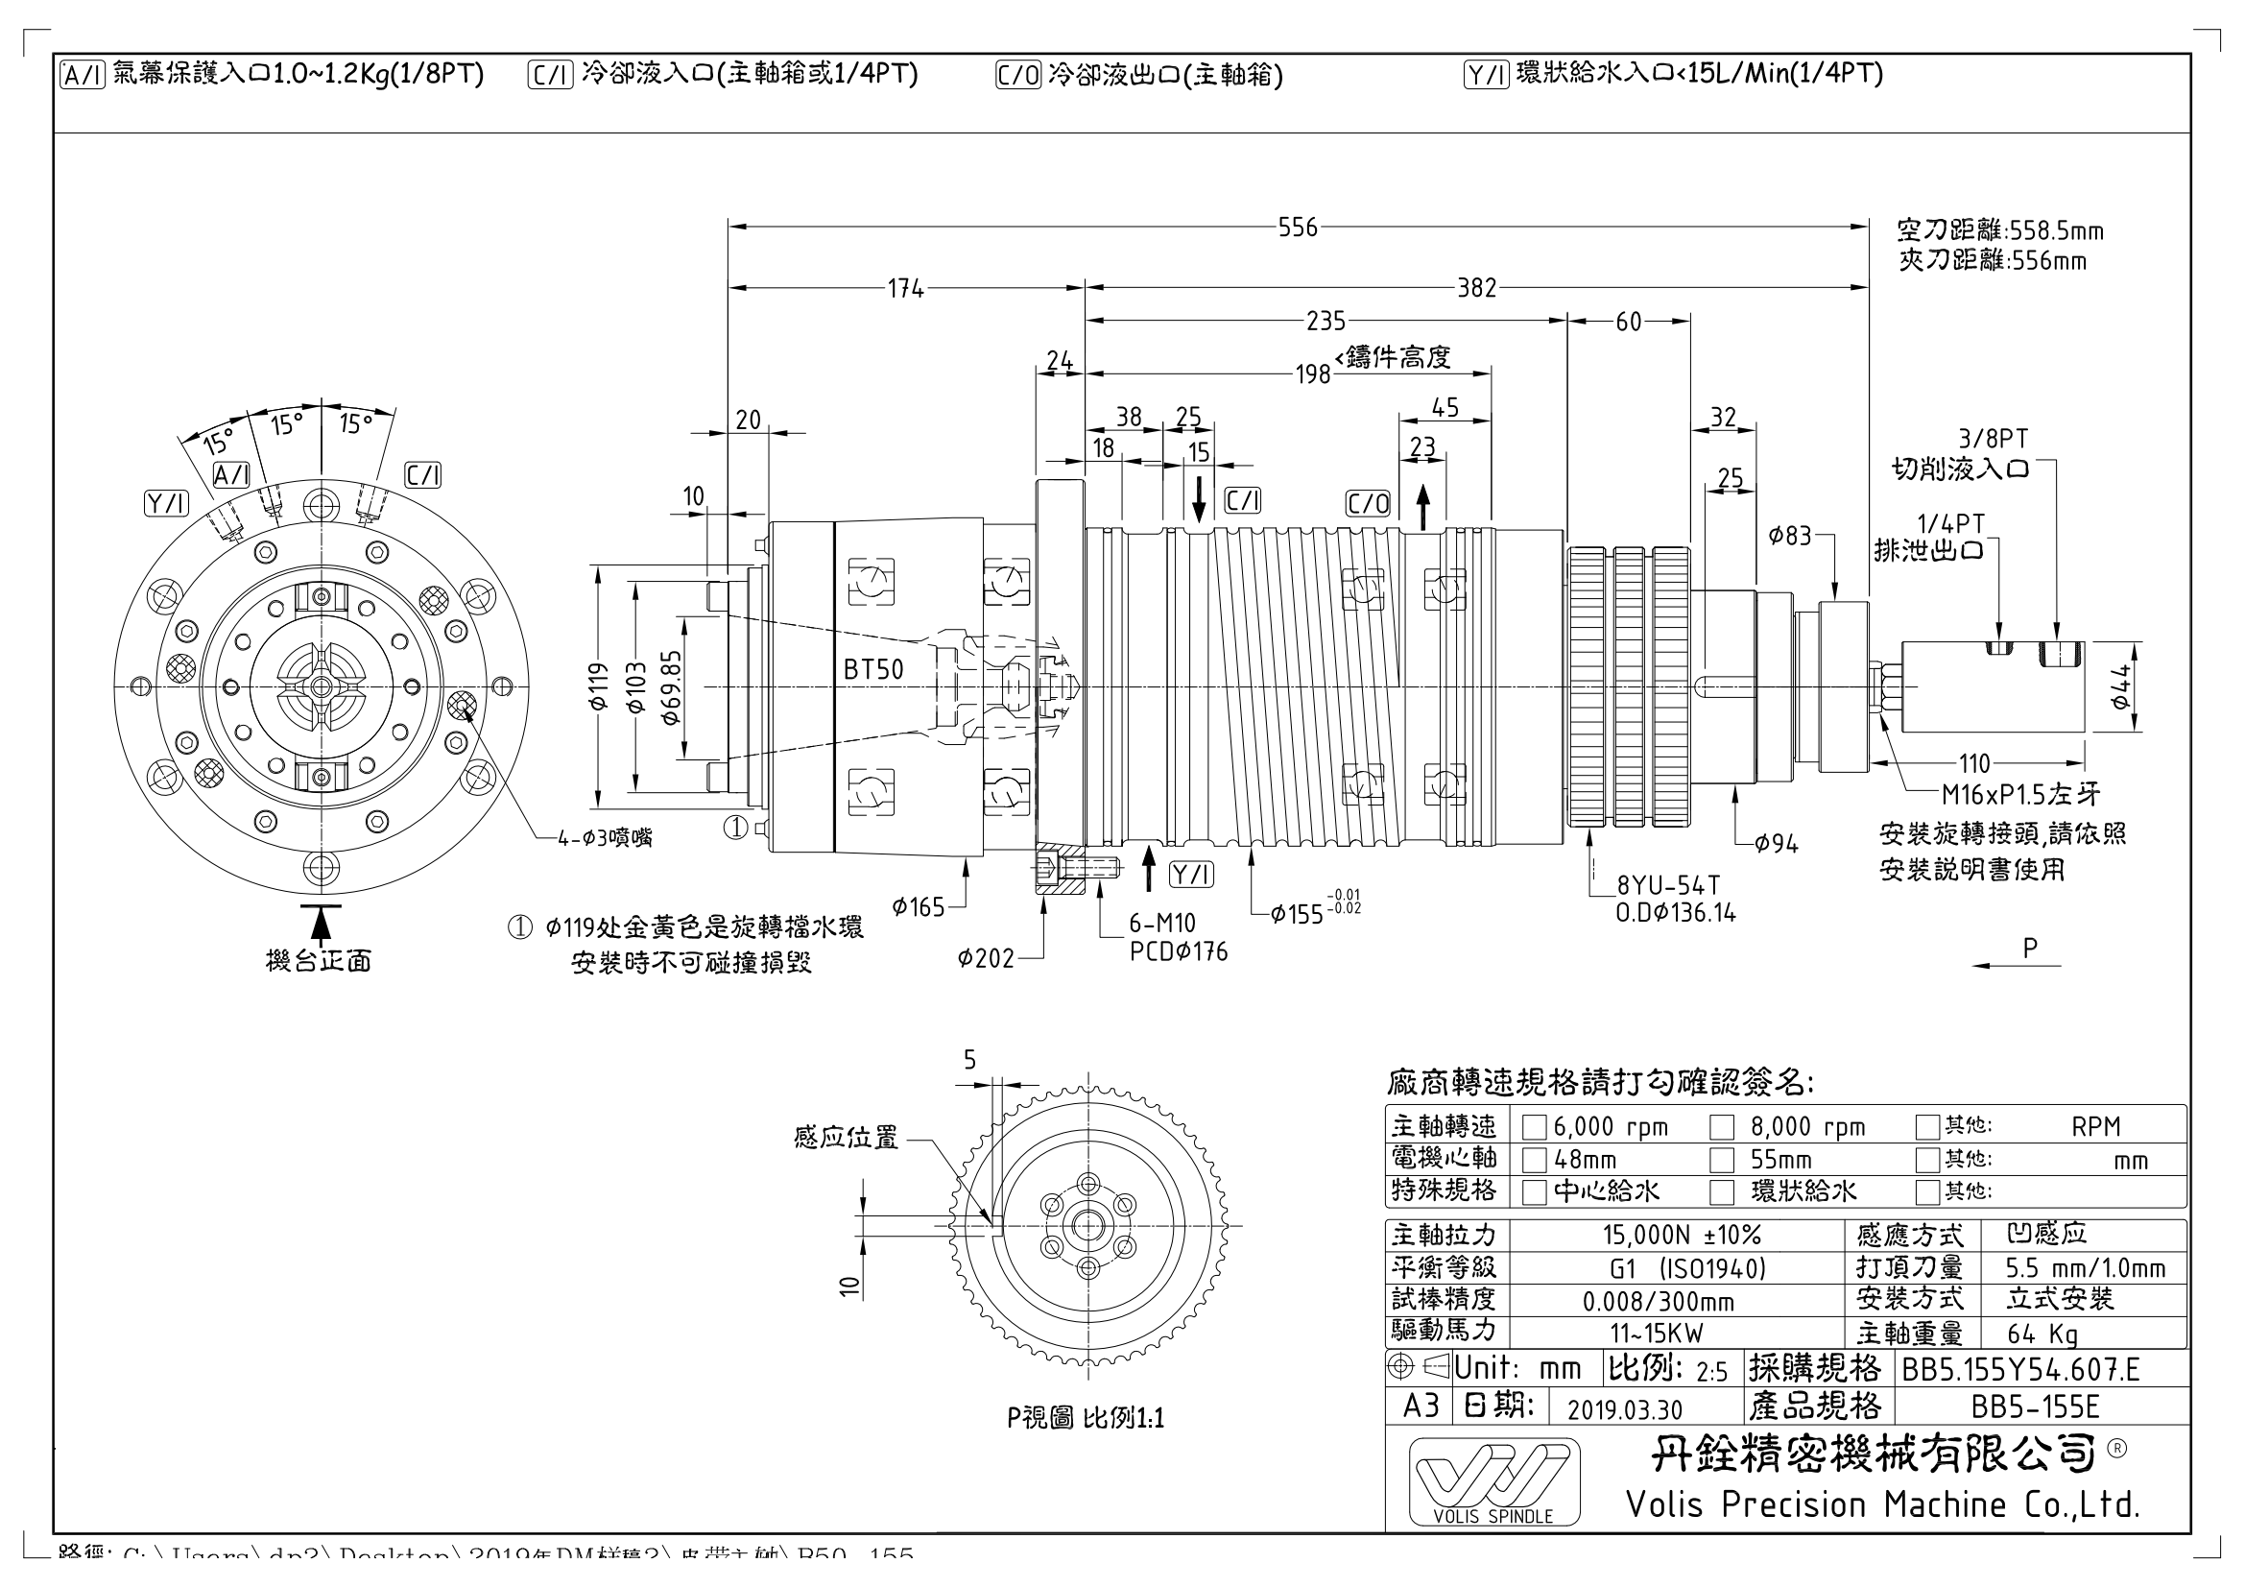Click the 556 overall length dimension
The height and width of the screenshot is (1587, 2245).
click(1298, 228)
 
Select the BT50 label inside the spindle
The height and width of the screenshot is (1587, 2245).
click(873, 670)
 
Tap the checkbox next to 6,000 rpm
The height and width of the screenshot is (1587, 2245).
click(1534, 1127)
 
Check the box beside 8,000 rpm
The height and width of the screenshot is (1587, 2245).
click(1721, 1127)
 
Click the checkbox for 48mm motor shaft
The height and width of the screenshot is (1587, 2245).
click(1534, 1161)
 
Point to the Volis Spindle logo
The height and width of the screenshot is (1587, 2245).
click(1493, 1481)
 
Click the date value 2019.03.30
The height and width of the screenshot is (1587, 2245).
click(1624, 1409)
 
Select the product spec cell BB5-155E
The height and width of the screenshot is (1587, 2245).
click(2035, 1407)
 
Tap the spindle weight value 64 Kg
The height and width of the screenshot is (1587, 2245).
click(2042, 1334)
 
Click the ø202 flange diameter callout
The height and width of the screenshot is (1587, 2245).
click(986, 959)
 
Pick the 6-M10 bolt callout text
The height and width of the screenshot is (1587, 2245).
click(1161, 923)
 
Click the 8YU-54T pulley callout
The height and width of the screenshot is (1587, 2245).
click(1667, 886)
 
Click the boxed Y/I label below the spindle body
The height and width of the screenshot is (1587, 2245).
click(1191, 875)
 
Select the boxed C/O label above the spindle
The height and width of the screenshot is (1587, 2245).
click(1367, 504)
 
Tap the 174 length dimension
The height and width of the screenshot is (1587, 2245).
click(905, 288)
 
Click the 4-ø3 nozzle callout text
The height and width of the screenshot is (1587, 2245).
click(605, 837)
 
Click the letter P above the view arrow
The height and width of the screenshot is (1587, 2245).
click(2029, 948)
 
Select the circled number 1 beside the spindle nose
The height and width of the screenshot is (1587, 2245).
click(735, 829)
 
